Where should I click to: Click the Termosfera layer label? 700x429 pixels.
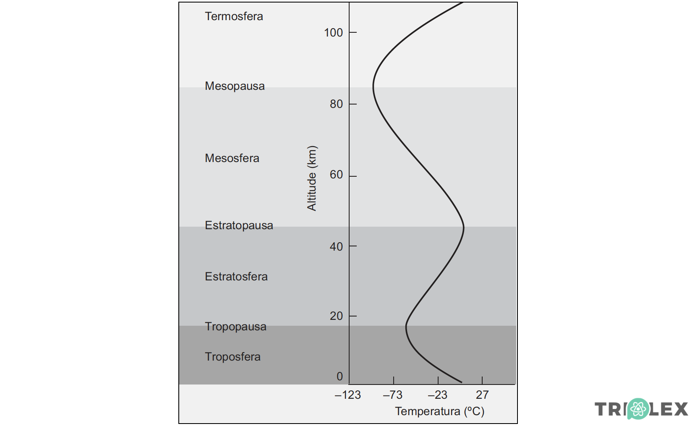click(234, 16)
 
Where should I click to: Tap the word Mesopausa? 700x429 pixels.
click(235, 86)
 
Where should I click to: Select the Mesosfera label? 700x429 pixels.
click(232, 158)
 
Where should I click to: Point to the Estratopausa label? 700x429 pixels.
click(239, 225)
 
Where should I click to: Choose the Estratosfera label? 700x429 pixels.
click(236, 277)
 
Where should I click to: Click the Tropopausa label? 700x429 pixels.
click(235, 327)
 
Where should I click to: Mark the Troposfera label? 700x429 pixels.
click(232, 357)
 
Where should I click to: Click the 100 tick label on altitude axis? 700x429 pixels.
click(333, 32)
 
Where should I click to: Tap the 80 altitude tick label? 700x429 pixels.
click(336, 104)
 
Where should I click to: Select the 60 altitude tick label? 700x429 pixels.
click(336, 175)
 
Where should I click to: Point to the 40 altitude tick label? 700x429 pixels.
click(336, 246)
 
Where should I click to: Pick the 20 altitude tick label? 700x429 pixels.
click(336, 316)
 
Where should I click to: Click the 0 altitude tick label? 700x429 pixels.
click(340, 377)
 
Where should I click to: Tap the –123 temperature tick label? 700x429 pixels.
click(347, 395)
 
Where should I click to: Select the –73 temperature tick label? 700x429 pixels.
click(392, 395)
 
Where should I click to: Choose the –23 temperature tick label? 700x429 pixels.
click(437, 395)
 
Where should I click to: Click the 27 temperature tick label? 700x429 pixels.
click(482, 395)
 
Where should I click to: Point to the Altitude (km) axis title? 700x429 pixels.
click(311, 178)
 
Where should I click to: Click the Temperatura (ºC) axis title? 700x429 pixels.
click(439, 411)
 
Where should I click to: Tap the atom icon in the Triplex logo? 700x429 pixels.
click(638, 408)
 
